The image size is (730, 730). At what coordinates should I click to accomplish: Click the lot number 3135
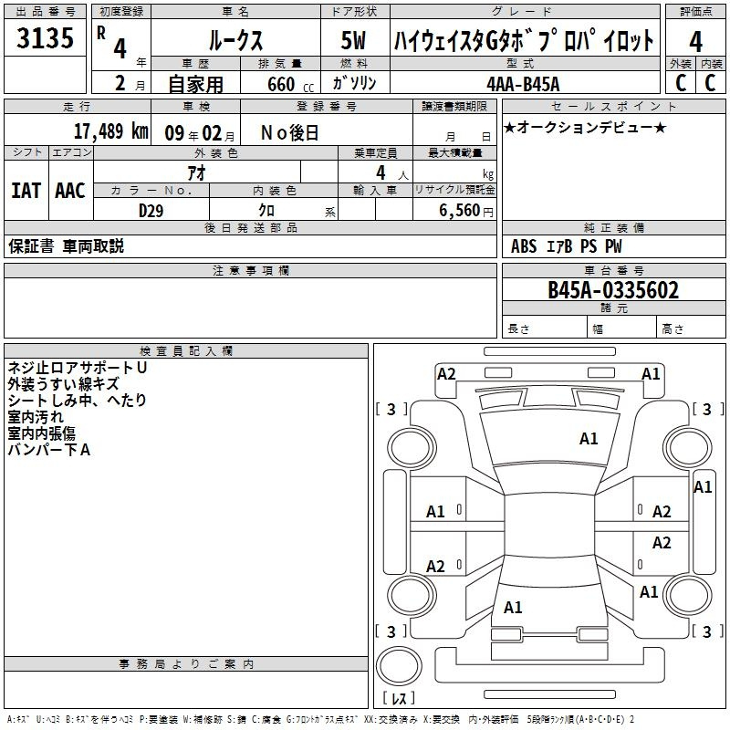(45, 37)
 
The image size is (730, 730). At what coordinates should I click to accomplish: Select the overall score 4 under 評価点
(695, 42)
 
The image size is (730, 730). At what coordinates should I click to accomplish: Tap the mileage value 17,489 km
(110, 131)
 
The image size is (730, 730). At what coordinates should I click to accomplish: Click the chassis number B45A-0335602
(613, 290)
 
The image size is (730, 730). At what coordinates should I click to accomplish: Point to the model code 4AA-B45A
(523, 84)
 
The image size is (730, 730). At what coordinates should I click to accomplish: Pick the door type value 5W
(353, 40)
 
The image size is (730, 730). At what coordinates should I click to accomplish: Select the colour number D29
(151, 211)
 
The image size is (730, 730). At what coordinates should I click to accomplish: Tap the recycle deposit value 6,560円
(466, 211)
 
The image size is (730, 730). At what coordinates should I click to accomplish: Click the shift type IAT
(26, 191)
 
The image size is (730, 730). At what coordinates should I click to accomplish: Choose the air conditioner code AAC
(70, 191)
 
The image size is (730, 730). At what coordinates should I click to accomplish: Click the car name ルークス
(235, 40)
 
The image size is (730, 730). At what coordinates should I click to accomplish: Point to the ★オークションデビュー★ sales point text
(585, 128)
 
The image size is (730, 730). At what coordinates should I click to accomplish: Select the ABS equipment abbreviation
(524, 246)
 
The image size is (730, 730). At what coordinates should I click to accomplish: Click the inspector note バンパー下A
(49, 450)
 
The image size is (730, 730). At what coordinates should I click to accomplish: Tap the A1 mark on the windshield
(589, 439)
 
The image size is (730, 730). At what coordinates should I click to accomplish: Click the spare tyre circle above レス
(399, 666)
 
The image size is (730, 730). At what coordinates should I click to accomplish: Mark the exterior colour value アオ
(196, 172)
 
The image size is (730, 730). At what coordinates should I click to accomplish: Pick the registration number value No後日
(289, 133)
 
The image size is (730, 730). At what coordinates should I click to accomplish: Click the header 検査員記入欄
(186, 351)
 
